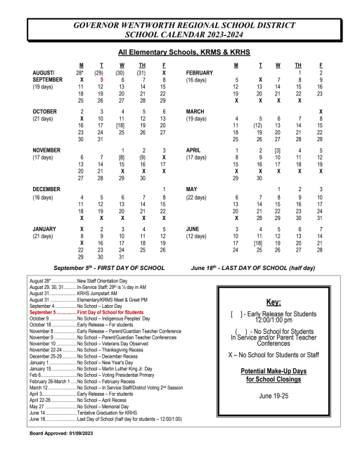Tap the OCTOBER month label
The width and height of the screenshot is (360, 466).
[x=45, y=111]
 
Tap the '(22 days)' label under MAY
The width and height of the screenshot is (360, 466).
[x=198, y=198]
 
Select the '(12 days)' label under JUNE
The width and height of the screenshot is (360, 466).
[x=198, y=236]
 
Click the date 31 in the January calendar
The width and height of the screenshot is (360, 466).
[x=122, y=257]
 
